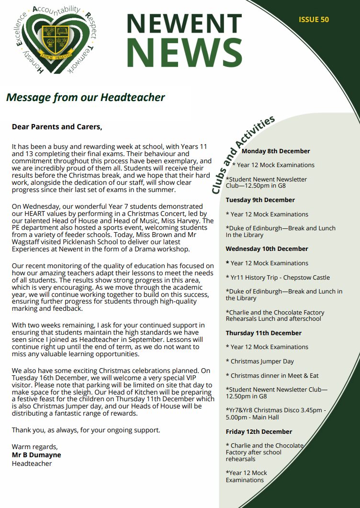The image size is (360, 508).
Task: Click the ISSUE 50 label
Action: point(314,20)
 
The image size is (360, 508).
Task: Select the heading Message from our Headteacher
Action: point(85,98)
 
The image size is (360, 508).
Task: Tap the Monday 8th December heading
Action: point(276,151)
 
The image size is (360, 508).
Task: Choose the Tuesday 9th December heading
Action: point(260,200)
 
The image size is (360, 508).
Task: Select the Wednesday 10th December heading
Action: point(267,248)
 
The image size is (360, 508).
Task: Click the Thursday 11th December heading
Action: point(263,333)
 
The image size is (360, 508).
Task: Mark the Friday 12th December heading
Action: point(259,431)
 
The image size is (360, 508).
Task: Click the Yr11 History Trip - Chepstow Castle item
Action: point(278,277)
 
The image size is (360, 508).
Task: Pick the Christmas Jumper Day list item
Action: point(262,361)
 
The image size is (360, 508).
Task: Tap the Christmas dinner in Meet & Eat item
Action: point(274,375)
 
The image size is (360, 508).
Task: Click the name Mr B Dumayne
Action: point(36,455)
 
